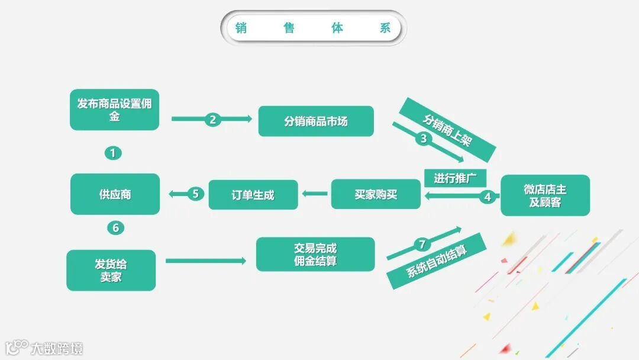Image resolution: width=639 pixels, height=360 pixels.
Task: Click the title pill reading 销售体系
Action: [313, 28]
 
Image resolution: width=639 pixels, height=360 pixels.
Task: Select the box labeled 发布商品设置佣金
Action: [114, 110]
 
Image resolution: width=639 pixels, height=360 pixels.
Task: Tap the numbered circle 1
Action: [113, 153]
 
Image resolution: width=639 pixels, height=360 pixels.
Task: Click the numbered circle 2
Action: [213, 119]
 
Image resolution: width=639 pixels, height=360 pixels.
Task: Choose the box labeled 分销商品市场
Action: [316, 121]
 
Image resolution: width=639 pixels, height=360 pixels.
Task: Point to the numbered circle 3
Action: [422, 139]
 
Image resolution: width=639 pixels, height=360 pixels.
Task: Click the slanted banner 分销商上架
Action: [447, 130]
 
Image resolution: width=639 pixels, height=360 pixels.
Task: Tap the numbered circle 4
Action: [488, 197]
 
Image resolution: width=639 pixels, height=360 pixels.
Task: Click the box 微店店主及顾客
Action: [545, 195]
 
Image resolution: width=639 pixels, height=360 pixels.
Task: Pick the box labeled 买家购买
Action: [376, 194]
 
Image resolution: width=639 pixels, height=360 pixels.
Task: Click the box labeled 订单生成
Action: [253, 194]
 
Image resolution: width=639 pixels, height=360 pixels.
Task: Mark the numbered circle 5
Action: [196, 194]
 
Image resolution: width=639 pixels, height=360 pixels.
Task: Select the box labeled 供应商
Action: [115, 194]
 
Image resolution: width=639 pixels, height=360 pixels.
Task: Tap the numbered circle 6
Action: [115, 227]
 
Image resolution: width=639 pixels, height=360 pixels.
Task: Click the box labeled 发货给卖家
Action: [111, 270]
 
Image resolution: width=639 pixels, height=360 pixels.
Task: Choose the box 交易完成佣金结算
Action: [315, 254]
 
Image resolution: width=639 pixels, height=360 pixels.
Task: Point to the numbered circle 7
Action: [422, 244]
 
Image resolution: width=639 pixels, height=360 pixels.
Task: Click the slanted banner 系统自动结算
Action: [437, 261]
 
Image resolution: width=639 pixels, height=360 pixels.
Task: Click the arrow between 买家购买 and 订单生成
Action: [314, 193]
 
